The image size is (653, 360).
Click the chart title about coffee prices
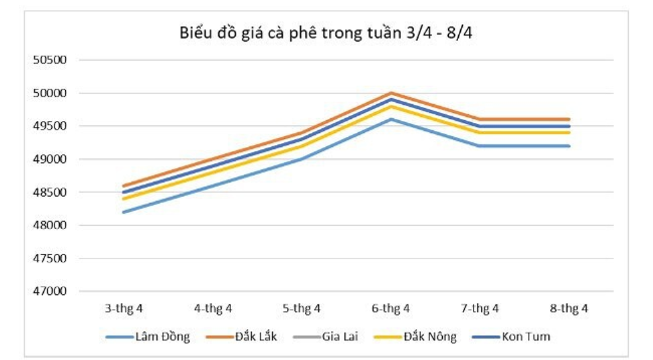click(326, 33)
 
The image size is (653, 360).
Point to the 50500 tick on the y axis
click(50, 60)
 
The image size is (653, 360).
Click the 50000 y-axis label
click(50, 93)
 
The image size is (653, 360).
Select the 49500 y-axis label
click(50, 126)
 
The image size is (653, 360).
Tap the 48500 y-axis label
click(50, 193)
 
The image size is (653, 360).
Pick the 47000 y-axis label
click(50, 291)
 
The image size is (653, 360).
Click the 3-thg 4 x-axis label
click(124, 309)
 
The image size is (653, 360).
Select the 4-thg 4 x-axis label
click(213, 309)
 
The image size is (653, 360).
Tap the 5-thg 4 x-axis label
click(302, 309)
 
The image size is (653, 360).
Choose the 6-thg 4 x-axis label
click(391, 309)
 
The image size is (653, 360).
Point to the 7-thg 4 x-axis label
click(480, 309)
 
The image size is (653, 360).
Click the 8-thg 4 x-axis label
click(569, 309)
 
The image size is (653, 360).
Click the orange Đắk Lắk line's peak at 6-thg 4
click(391, 93)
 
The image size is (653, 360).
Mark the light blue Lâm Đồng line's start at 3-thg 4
click(124, 212)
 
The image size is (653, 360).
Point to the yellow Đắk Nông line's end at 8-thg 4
click(569, 132)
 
